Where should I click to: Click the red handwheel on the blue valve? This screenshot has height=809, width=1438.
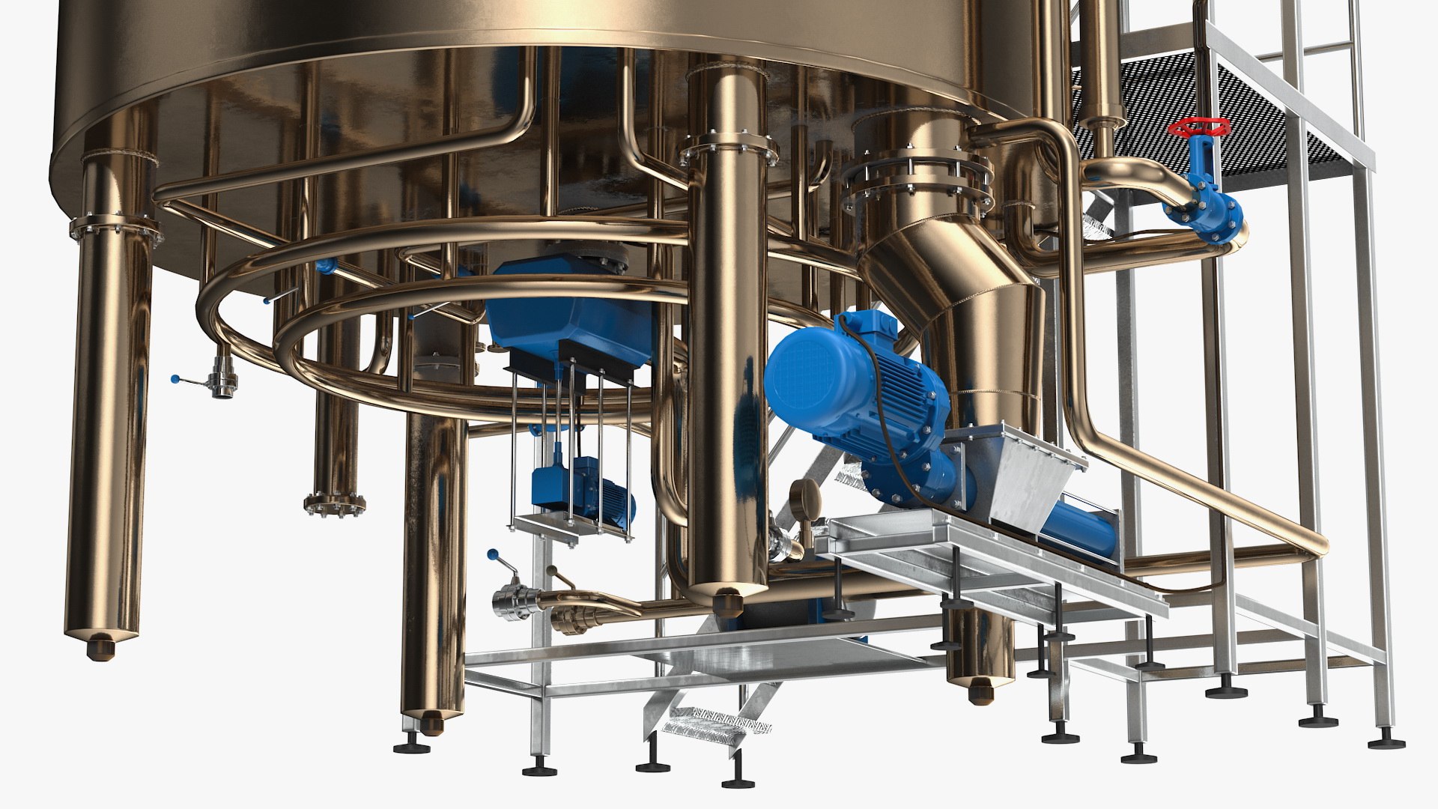pyautogui.click(x=1200, y=127)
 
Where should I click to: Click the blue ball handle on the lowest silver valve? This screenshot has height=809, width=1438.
pyautogui.click(x=492, y=555)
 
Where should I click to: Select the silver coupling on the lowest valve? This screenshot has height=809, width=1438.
pyautogui.click(x=516, y=602)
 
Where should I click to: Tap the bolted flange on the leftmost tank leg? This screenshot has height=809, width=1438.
pyautogui.click(x=116, y=228)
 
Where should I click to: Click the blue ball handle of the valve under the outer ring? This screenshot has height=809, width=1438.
pyautogui.click(x=175, y=378)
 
